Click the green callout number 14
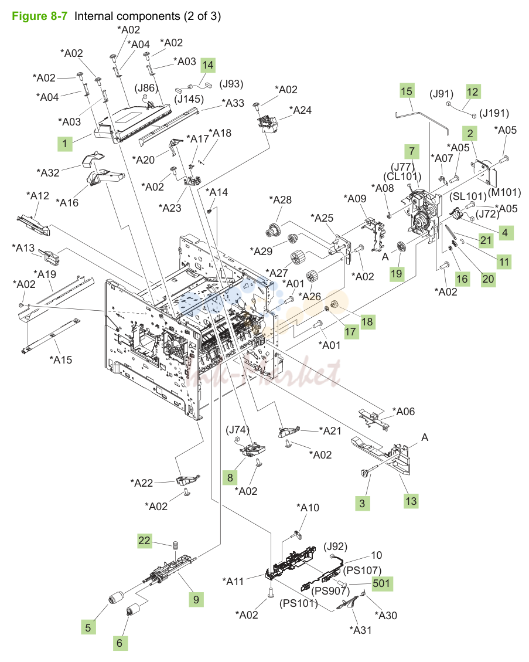[207, 66]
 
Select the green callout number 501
[381, 583]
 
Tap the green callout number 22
[144, 541]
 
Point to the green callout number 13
[411, 501]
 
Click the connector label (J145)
[189, 99]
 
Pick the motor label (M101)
[504, 192]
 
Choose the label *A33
[233, 103]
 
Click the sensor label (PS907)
[331, 590]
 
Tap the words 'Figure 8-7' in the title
[40, 16]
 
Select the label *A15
[61, 359]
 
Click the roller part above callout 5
[115, 598]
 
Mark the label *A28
[281, 200]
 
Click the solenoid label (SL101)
[468, 196]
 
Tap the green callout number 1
[64, 144]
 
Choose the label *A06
[404, 411]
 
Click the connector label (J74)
[237, 430]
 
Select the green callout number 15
[407, 91]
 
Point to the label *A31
[361, 630]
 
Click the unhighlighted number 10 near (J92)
[376, 555]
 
